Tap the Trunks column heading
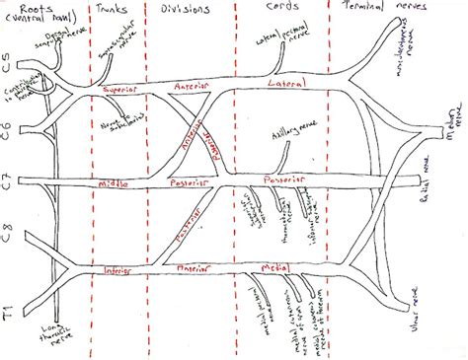pos(117,10)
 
